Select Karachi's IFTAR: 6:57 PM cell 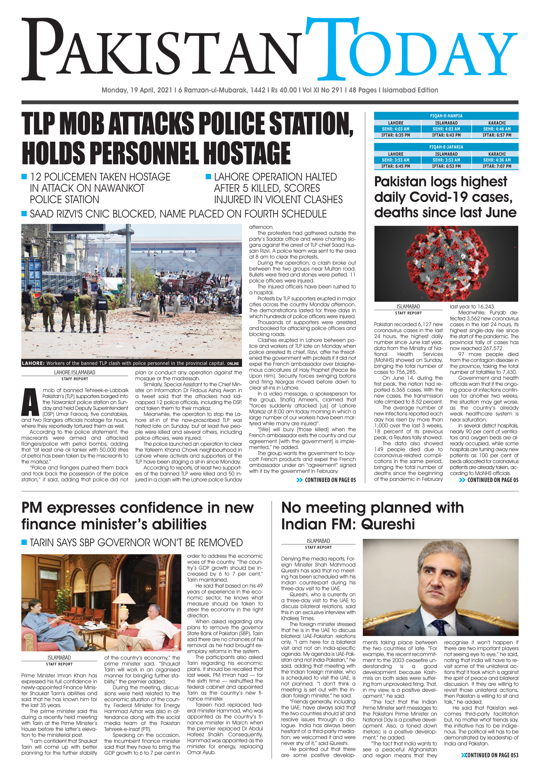tap(497, 135)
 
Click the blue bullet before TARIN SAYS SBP tap(24, 542)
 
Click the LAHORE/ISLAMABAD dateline tap(75, 372)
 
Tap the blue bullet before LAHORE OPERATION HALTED tap(208, 177)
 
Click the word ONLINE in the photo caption tap(233, 364)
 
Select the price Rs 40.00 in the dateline tap(284, 90)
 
